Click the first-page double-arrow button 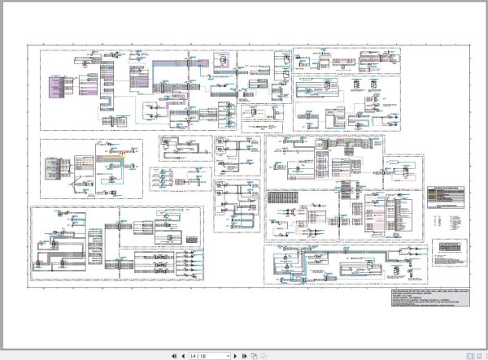[x=173, y=356]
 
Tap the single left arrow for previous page [x=181, y=356]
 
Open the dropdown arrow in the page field [x=228, y=356]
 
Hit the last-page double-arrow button [x=244, y=356]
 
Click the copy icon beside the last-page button [x=254, y=356]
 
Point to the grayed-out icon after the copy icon [x=262, y=356]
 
